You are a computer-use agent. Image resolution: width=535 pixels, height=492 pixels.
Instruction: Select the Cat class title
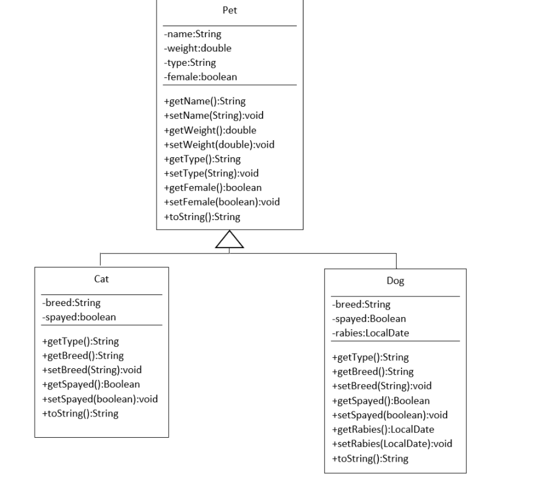(101, 279)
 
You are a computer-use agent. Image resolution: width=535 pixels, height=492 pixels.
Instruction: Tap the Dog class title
(395, 281)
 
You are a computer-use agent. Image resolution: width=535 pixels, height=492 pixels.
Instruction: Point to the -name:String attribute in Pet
(193, 34)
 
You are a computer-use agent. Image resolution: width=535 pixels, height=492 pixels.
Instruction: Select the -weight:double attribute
(197, 48)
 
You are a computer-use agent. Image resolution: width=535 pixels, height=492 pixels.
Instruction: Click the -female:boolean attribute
(200, 76)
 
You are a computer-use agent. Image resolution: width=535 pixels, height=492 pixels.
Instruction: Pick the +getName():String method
(205, 101)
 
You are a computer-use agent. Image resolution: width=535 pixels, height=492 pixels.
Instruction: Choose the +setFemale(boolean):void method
(222, 202)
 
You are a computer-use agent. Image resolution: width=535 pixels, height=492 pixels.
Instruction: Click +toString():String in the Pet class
(202, 216)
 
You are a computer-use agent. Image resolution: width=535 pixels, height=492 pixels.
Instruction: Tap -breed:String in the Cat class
(71, 302)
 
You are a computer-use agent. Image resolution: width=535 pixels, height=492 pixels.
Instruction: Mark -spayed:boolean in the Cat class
(79, 316)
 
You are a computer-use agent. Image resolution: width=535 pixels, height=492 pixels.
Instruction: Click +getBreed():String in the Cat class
(82, 355)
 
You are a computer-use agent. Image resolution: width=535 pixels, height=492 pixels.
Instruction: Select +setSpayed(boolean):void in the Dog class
(389, 415)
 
